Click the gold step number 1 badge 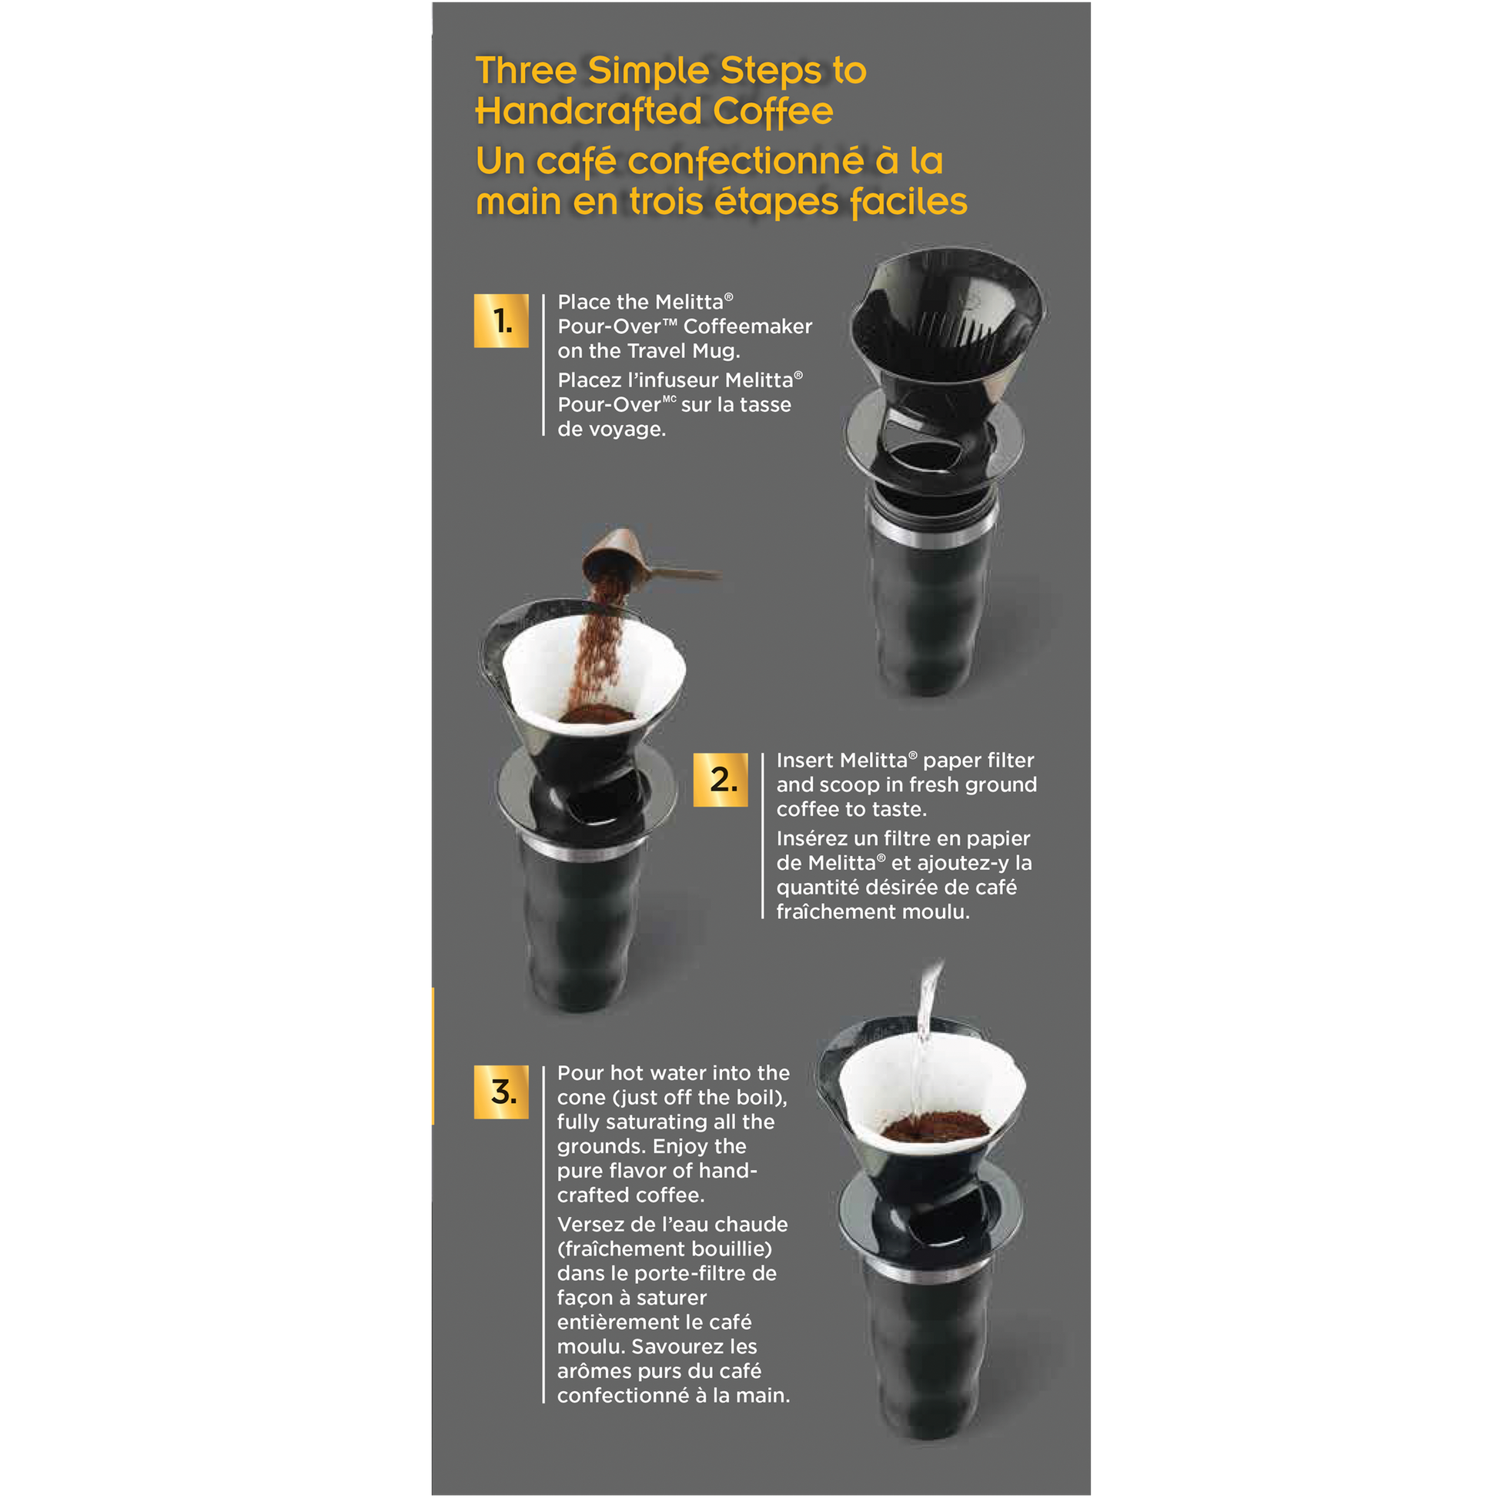pos(501,320)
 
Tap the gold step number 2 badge pos(721,779)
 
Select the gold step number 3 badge pos(501,1092)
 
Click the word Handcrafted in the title pos(588,111)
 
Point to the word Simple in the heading pos(649,71)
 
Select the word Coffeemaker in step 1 pos(747,326)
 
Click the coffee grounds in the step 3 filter pos(935,1125)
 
